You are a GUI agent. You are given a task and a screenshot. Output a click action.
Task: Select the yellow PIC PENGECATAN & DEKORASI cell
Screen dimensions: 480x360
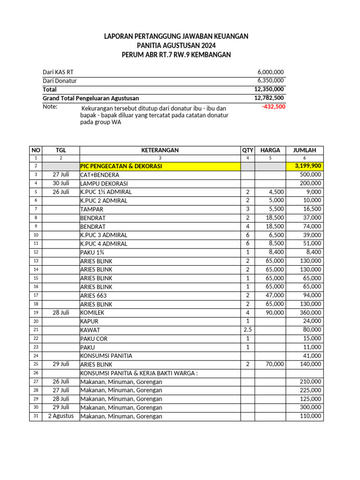click(x=121, y=166)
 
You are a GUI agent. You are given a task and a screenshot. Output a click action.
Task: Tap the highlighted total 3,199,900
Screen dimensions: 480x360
click(x=308, y=166)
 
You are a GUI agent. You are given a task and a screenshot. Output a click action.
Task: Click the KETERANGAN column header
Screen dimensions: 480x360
click(x=160, y=150)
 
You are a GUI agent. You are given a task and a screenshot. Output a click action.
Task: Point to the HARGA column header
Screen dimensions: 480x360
click(x=270, y=150)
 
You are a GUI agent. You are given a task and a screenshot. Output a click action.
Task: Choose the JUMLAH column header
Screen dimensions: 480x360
click(x=304, y=150)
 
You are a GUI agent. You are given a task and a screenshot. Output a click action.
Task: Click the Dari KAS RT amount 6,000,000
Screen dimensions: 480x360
click(x=270, y=72)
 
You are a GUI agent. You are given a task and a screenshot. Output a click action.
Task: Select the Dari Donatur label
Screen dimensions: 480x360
click(x=60, y=81)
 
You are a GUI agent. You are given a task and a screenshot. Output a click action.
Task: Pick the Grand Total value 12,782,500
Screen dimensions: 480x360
click(x=269, y=98)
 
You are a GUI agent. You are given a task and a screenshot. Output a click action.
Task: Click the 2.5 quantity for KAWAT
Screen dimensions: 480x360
click(x=247, y=330)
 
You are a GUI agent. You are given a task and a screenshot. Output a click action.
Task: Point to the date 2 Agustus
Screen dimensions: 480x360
click(x=61, y=416)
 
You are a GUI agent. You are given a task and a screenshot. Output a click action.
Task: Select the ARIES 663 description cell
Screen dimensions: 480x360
click(x=93, y=295)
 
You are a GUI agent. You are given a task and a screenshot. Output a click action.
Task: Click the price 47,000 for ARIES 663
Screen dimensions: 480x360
click(x=272, y=295)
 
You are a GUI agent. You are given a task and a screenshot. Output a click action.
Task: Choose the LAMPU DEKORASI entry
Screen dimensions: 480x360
click(x=104, y=183)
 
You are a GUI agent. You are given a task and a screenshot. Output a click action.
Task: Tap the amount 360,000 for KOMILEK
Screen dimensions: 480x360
click(x=310, y=313)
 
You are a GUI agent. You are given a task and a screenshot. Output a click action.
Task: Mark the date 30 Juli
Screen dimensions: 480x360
click(x=61, y=183)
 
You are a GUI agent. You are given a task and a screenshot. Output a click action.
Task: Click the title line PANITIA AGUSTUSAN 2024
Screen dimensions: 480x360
click(x=176, y=45)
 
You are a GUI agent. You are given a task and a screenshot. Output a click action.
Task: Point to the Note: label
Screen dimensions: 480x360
click(x=50, y=106)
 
